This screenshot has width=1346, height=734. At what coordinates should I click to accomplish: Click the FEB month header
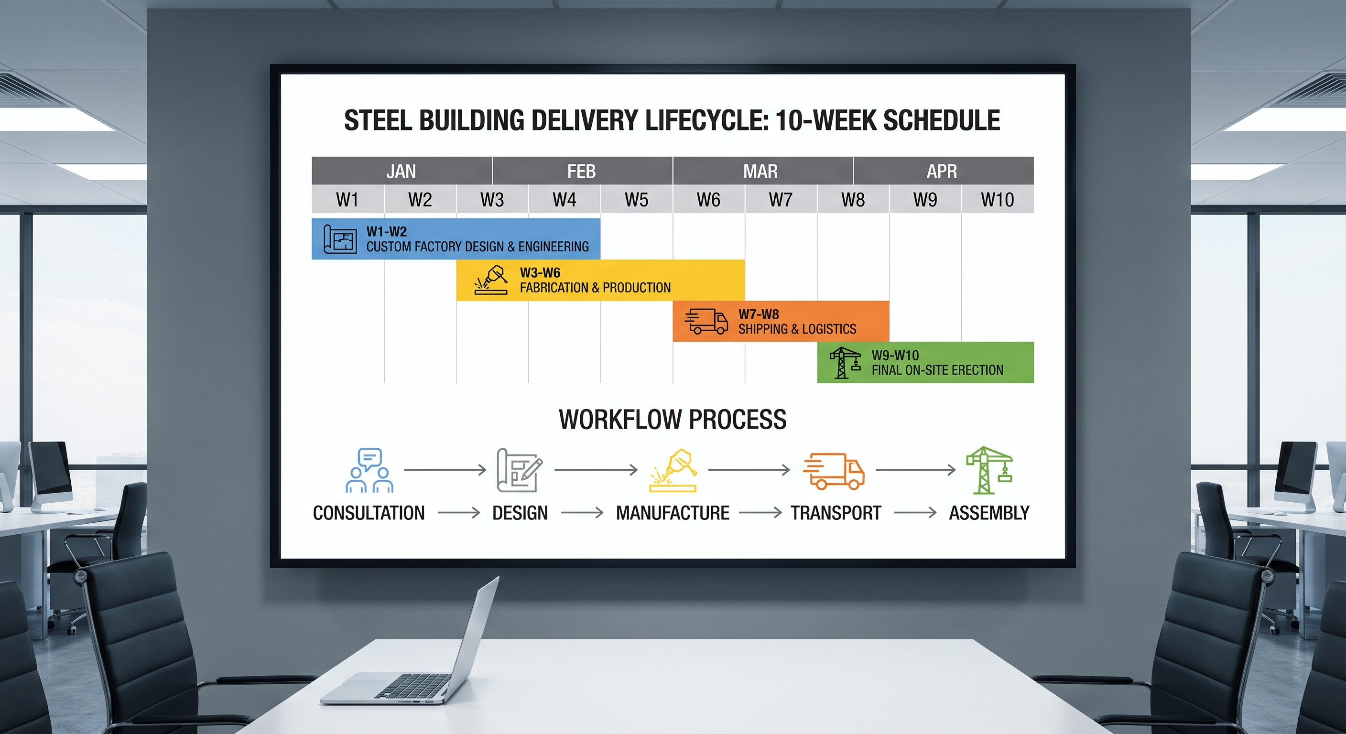tap(582, 171)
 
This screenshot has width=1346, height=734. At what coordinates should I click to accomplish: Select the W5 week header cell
tap(636, 199)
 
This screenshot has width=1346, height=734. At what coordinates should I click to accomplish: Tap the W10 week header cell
tap(998, 199)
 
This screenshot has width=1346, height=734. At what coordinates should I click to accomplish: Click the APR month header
tap(943, 171)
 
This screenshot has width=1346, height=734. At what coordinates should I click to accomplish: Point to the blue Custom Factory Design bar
tap(456, 239)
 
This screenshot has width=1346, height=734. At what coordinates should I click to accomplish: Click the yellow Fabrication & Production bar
tap(600, 280)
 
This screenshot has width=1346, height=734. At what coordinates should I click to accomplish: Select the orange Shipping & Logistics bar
tap(781, 321)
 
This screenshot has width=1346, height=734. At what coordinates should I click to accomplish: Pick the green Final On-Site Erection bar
tap(925, 363)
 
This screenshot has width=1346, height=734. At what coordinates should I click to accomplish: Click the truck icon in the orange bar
tap(706, 321)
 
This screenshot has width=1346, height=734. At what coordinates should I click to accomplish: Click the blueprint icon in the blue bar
tap(340, 239)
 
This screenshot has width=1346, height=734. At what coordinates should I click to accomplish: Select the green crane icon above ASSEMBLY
tap(988, 470)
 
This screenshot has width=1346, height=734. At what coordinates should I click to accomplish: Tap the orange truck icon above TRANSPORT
tap(834, 471)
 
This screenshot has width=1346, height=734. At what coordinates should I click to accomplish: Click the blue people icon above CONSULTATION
tap(369, 470)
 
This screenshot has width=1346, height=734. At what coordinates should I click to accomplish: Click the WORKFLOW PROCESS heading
tap(673, 420)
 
